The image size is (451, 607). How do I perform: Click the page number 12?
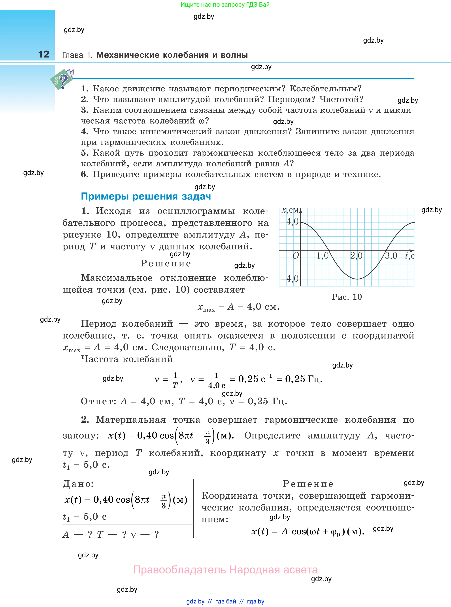click(44, 54)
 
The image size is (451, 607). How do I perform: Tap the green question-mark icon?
click(62, 80)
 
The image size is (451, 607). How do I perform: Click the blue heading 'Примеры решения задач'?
click(146, 196)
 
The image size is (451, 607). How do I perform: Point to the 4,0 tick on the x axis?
click(292, 221)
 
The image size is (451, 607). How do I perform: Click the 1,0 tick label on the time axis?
click(323, 256)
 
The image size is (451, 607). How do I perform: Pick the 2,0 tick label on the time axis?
click(356, 256)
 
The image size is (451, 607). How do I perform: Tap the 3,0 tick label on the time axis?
click(391, 256)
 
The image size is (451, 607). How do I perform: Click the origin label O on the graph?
click(296, 256)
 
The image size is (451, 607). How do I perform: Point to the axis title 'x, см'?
click(291, 210)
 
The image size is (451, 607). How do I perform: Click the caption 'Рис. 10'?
click(347, 297)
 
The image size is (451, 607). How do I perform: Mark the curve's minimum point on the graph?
click(357, 279)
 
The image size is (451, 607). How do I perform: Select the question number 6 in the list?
click(84, 174)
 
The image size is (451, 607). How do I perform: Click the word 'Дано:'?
click(78, 484)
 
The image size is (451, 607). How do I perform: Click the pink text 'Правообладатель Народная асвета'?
click(225, 570)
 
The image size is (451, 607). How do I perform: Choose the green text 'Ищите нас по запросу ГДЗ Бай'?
click(225, 5)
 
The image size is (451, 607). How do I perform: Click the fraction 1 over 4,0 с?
click(217, 380)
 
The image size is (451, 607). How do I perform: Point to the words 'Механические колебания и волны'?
click(172, 55)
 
